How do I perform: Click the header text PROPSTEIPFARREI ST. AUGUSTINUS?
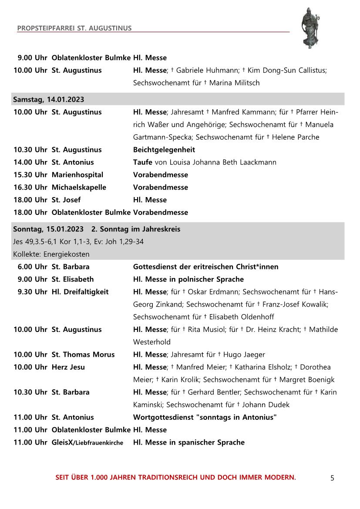coord(74,28)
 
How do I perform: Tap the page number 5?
coord(332,478)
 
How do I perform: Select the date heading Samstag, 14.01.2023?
coord(49,99)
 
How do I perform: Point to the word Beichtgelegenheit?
coord(164,150)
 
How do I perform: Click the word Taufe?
coord(143,162)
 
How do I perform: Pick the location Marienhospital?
coord(77,175)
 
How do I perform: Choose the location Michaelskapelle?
coord(79,188)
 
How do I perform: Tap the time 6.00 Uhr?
coord(32,267)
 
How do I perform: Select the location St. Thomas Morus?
coord(83,355)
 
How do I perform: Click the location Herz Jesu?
coord(68,367)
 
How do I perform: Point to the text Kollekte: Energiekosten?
coord(51,254)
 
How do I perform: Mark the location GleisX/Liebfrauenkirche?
coord(87,442)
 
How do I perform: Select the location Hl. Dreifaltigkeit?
coord(80,292)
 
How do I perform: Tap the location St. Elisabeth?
coord(73,279)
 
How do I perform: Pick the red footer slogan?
coord(175,477)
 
